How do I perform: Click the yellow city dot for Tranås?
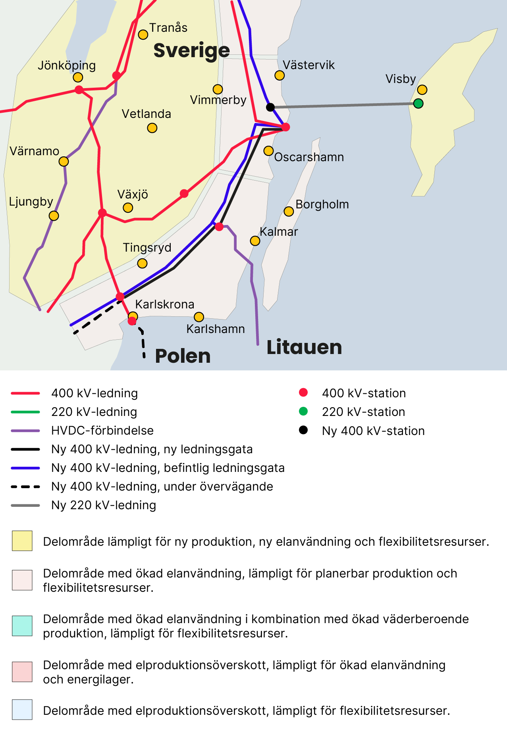pos(143,35)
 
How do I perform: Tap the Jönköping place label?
pos(67,65)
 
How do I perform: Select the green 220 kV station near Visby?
pos(418,104)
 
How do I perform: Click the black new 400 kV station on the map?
pos(270,107)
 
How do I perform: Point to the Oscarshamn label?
pos(309,157)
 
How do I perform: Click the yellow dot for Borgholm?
pos(289,212)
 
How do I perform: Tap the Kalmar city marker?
pos(255,241)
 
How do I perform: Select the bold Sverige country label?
pos(191,50)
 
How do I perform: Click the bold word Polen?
pos(183,356)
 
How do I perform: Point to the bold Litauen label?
pos(304,347)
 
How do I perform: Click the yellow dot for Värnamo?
pos(64,162)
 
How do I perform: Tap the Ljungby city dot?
pos(54,216)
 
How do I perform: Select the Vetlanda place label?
pos(146,114)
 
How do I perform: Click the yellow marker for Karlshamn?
pos(199,317)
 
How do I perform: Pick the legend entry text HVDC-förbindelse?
pos(102,431)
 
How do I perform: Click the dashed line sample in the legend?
pos(25,487)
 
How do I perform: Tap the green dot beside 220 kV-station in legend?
pos(303,412)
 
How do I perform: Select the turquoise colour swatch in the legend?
pos(22,626)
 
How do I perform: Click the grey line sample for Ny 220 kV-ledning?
pos(25,505)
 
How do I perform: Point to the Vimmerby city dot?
pos(218,89)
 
